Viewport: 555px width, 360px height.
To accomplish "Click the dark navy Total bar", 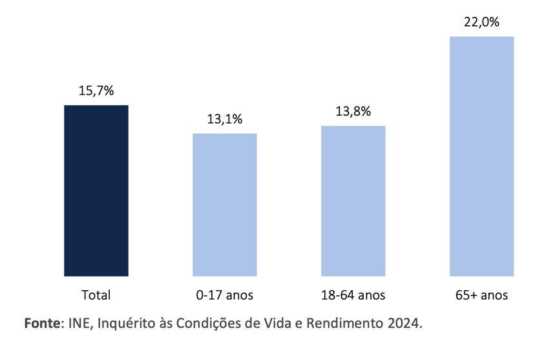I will point(96,191).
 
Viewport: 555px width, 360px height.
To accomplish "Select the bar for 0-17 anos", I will point(224,205).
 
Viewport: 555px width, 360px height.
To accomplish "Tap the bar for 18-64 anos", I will point(353,201).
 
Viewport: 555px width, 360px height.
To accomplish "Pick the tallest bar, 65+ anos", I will point(481,156).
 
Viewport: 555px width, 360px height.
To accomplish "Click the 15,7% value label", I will point(96,91).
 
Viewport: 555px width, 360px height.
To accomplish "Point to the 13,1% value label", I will point(224,119).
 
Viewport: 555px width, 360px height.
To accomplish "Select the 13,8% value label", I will point(353,111).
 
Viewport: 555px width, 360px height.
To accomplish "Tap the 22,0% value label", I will point(481,23).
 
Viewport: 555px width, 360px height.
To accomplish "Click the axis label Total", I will point(96,295).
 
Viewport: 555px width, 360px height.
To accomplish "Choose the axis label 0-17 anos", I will point(224,295).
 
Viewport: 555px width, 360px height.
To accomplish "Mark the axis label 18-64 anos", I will point(353,295).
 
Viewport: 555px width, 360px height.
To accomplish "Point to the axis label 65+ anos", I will point(481,295).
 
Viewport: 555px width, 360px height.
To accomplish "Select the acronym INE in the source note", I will point(79,323).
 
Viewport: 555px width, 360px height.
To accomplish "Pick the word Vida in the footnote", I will point(274,323).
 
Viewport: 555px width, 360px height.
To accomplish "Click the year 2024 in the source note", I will point(404,323).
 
